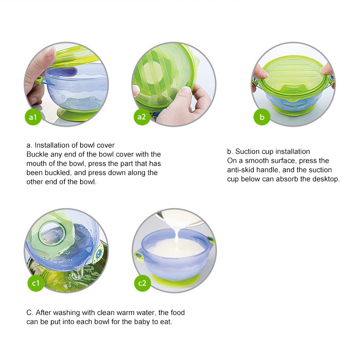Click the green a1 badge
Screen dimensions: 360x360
click(33, 117)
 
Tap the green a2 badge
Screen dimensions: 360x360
click(142, 117)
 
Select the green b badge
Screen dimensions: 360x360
click(262, 117)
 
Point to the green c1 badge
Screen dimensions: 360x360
click(36, 283)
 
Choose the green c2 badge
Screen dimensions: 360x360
click(142, 283)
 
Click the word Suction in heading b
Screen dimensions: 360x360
click(247, 152)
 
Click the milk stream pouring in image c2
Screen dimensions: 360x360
click(177, 239)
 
